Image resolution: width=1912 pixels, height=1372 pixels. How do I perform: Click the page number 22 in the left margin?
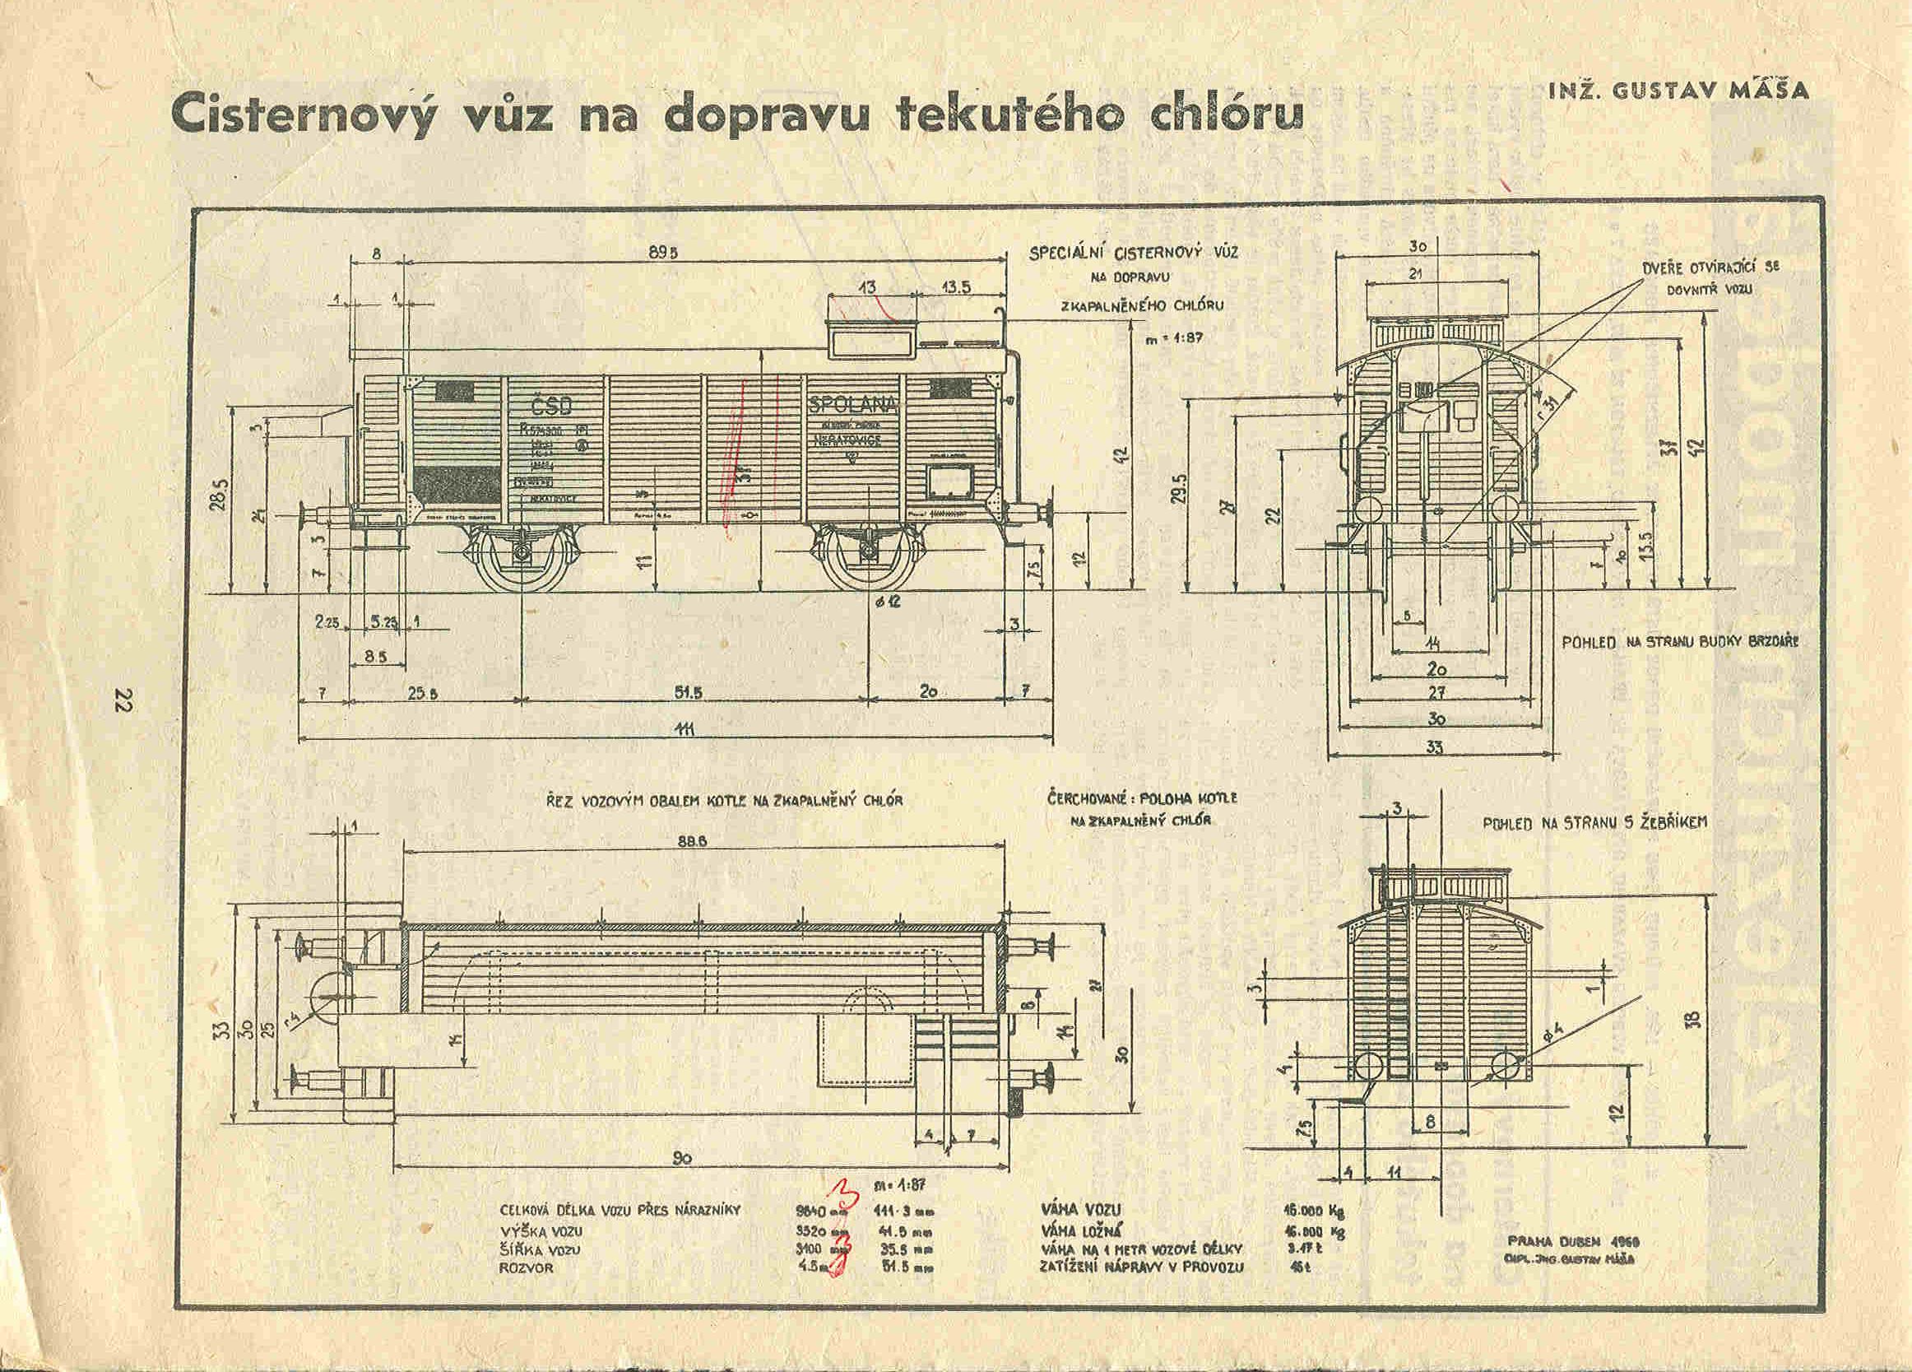point(124,699)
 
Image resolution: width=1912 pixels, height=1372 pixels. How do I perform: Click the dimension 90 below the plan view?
point(683,1159)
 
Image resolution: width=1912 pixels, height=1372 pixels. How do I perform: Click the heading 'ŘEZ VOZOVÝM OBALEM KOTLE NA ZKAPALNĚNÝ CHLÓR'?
point(725,801)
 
